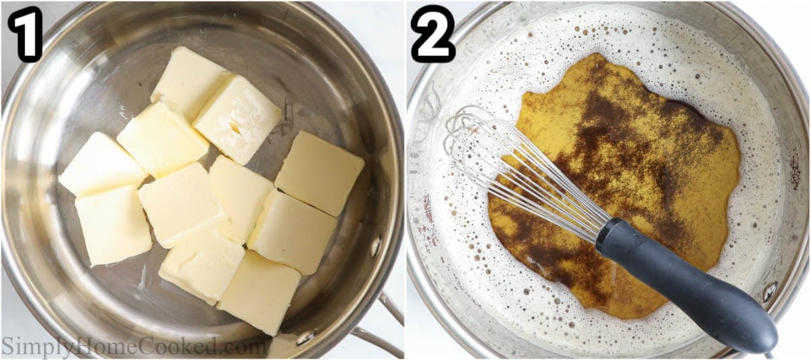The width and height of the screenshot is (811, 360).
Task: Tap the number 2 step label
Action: point(433,34)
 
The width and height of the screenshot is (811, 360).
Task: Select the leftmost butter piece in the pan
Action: point(101,164)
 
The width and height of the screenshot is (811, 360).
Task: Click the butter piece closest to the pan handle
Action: point(260,292)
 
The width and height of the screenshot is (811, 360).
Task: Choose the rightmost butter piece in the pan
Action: point(320,172)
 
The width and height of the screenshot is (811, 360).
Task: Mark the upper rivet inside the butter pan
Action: point(375,246)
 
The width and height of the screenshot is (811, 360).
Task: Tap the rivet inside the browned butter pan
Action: point(769,292)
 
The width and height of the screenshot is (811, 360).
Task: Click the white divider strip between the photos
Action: point(405,180)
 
